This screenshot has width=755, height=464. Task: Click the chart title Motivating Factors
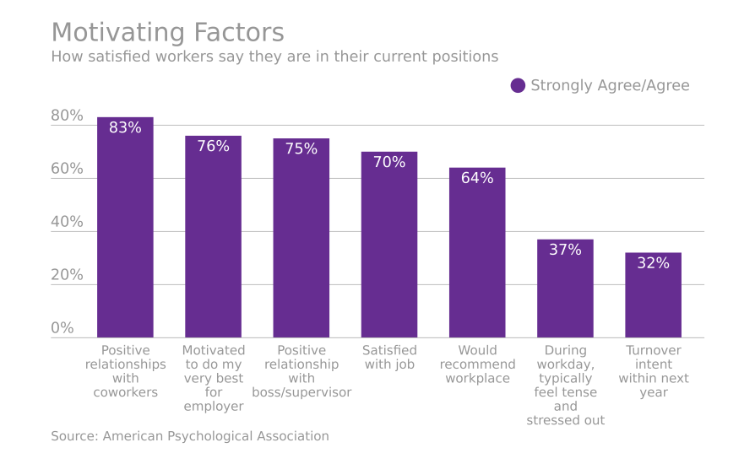point(167,33)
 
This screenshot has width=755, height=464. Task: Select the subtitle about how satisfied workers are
point(274,57)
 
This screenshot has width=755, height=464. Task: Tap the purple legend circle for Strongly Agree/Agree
point(518,85)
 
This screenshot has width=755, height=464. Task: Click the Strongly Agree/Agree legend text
point(609,85)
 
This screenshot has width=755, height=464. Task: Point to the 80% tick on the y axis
point(67,116)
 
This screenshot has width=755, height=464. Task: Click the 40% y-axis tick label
point(67,222)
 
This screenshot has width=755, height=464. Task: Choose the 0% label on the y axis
point(62,328)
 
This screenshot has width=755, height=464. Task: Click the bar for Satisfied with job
point(389,253)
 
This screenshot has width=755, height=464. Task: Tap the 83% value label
point(125,128)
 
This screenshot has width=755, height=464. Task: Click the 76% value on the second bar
point(213,146)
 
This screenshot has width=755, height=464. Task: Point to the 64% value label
point(477,178)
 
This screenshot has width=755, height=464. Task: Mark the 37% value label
point(565,250)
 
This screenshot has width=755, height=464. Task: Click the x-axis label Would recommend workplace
point(477,364)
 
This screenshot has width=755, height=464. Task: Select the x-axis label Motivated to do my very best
point(214,378)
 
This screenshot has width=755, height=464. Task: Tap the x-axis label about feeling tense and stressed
point(565,385)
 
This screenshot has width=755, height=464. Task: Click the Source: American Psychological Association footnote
point(190,436)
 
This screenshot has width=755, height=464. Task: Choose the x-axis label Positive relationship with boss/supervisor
point(301,371)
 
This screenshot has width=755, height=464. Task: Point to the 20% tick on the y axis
point(67,275)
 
